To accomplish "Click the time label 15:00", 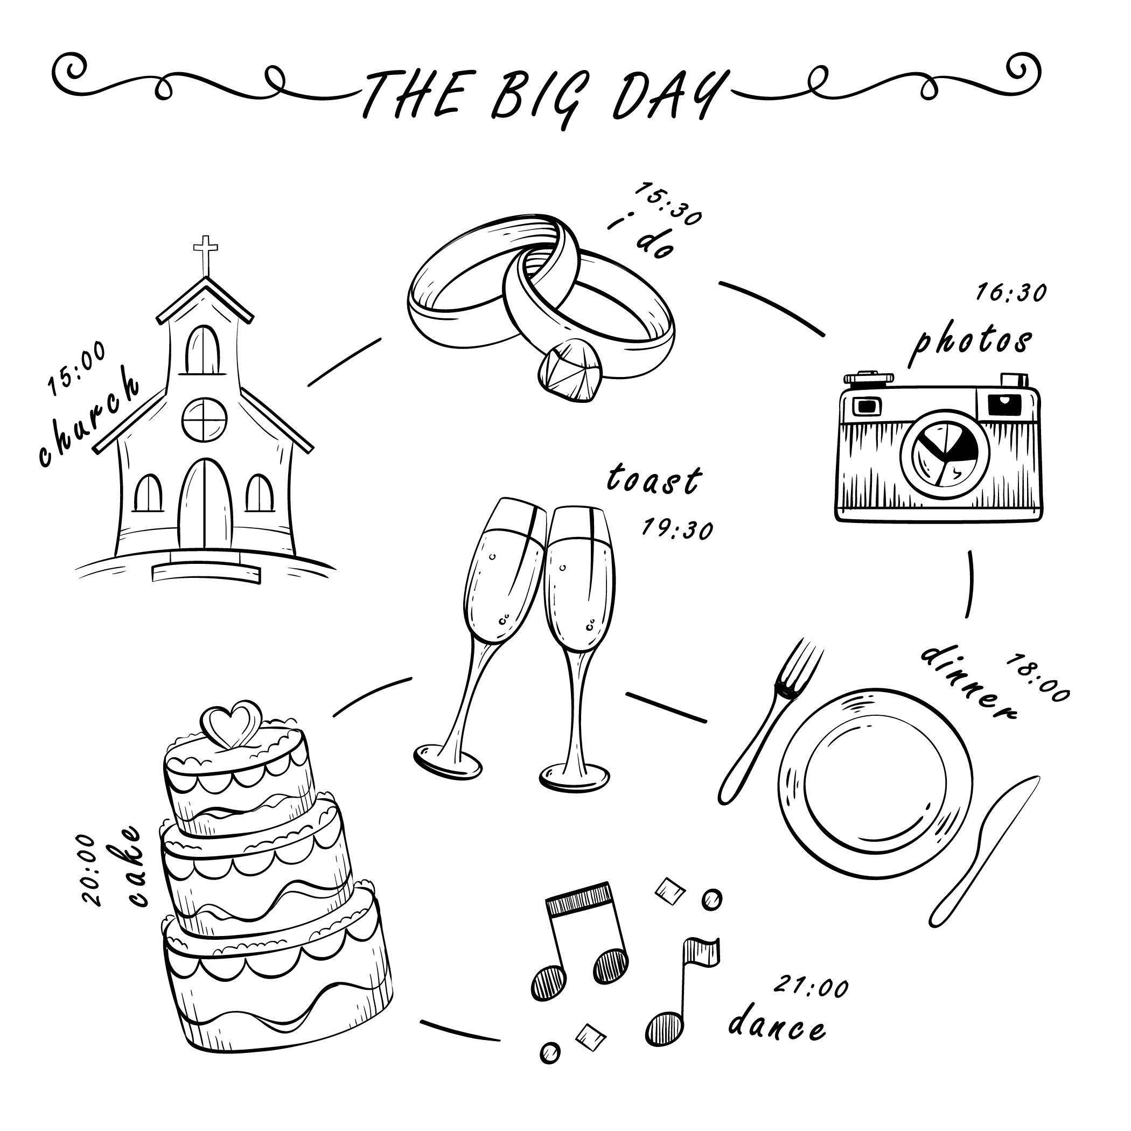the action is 76,368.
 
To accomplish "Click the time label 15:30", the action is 668,204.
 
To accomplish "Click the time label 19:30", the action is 678,529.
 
